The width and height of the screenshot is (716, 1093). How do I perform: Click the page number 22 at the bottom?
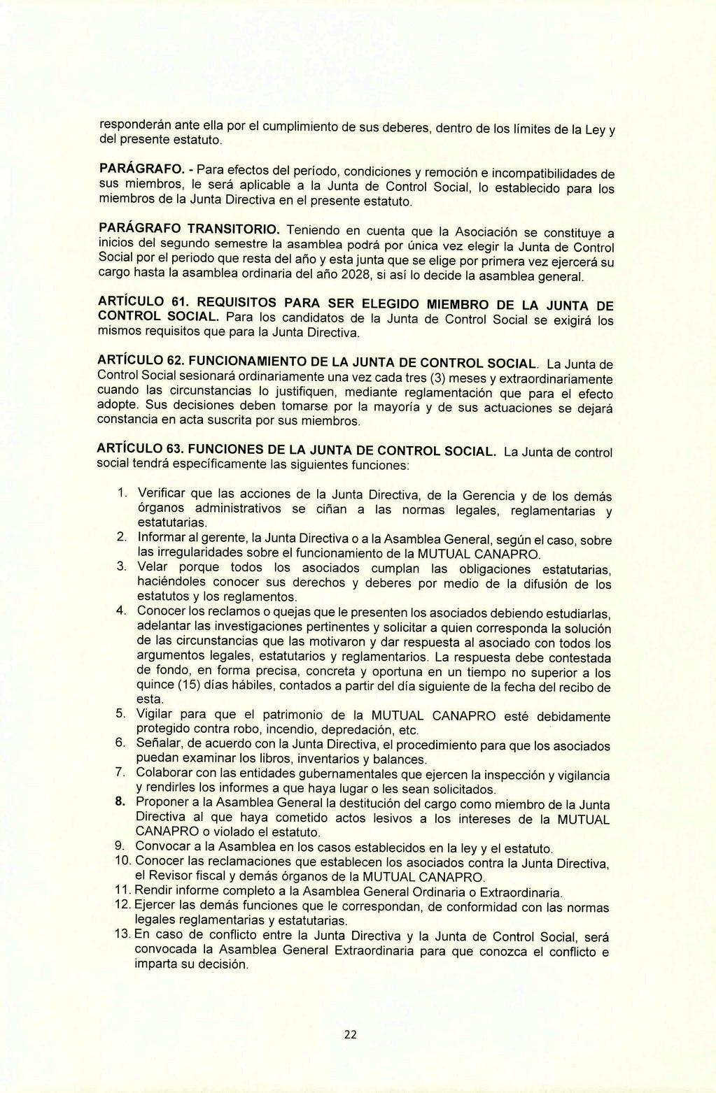point(350,1036)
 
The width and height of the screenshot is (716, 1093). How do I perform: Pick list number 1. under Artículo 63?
point(122,494)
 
